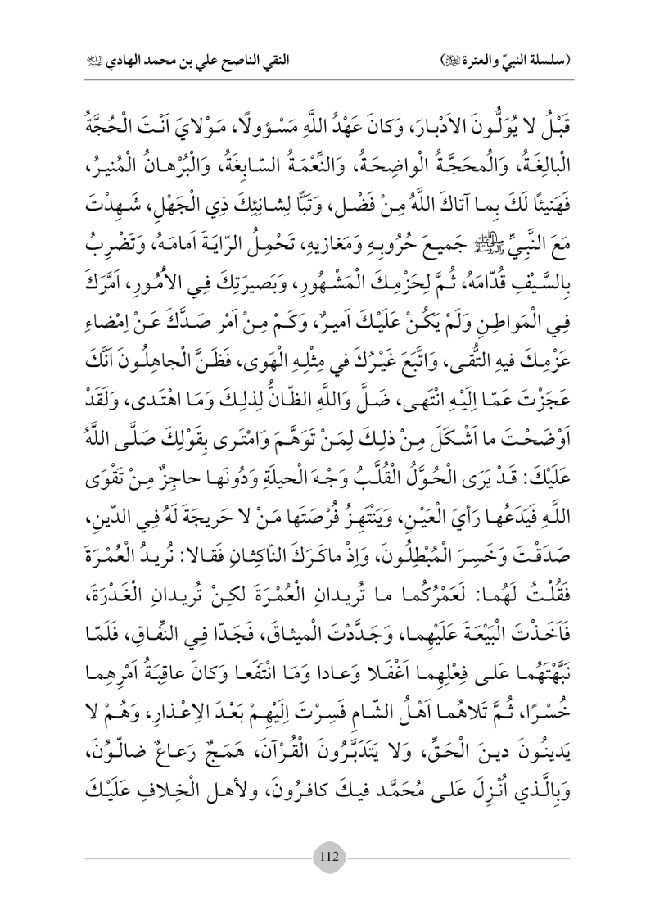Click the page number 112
click(x=327, y=857)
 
